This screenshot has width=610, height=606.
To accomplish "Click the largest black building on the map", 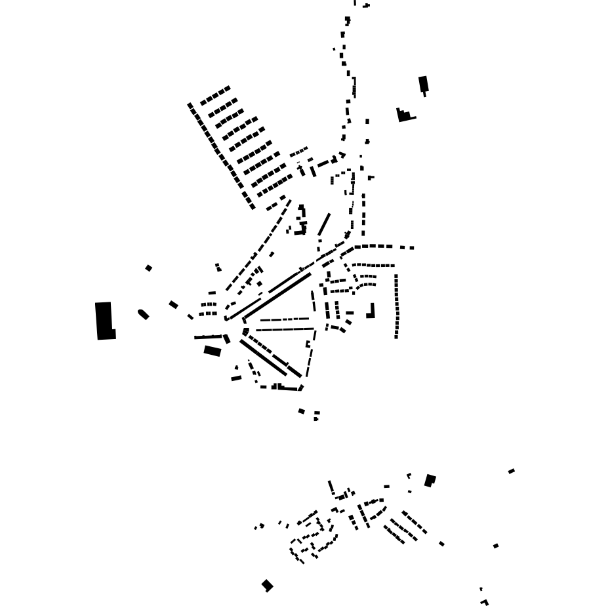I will [x=105, y=321].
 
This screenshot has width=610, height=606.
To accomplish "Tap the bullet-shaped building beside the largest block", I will [x=143, y=314].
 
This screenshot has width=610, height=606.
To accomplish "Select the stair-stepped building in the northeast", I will [x=404, y=116].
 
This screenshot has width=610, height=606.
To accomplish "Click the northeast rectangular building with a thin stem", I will [x=424, y=84].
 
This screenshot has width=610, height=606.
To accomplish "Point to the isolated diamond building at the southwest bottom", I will [x=267, y=585].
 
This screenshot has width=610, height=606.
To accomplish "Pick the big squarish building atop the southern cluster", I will [x=430, y=481].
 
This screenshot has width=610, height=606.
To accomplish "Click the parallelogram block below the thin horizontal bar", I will [x=212, y=351].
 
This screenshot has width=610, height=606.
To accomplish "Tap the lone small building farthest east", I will [x=512, y=471].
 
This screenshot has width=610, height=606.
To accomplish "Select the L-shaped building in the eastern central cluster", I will [x=371, y=311].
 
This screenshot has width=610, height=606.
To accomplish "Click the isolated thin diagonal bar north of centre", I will [x=324, y=224].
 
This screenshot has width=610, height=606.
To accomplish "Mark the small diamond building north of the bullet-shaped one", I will [x=149, y=268].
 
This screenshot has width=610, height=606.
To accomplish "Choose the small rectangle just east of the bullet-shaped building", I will [x=173, y=304].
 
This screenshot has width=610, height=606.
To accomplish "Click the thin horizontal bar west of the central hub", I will [x=209, y=337].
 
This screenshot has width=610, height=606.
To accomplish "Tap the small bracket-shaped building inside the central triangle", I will [x=308, y=344].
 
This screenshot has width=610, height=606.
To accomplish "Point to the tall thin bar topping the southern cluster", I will [x=331, y=487].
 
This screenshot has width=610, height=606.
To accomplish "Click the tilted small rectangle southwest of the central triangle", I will [x=236, y=378].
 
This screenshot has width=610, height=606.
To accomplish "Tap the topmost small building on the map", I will [x=366, y=6].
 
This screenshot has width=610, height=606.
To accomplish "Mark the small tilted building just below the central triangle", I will [x=301, y=411].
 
